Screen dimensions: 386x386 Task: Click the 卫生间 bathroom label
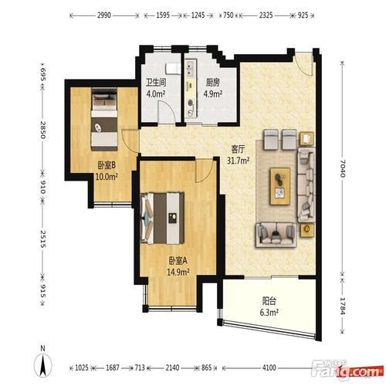pos(156,83)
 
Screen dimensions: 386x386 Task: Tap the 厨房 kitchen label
pos(213,83)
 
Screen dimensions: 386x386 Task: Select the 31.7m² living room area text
pos(238,161)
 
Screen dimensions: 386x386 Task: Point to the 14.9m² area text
pos(178,272)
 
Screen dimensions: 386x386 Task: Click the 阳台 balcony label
pos(269,300)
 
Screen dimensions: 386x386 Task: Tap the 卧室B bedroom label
pos(107,165)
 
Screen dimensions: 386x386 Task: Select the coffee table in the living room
pos(280,186)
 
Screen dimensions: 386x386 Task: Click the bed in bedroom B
pos(104,119)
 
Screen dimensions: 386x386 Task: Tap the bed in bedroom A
pos(162,218)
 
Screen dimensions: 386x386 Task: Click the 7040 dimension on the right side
pos(342,168)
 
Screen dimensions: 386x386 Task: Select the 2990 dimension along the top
pos(104,15)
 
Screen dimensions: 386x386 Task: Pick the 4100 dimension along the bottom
pos(269,367)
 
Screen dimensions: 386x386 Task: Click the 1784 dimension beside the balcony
pos(342,306)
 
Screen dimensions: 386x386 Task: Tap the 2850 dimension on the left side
pos(42,130)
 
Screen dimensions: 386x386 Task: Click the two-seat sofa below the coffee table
pos(276,235)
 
